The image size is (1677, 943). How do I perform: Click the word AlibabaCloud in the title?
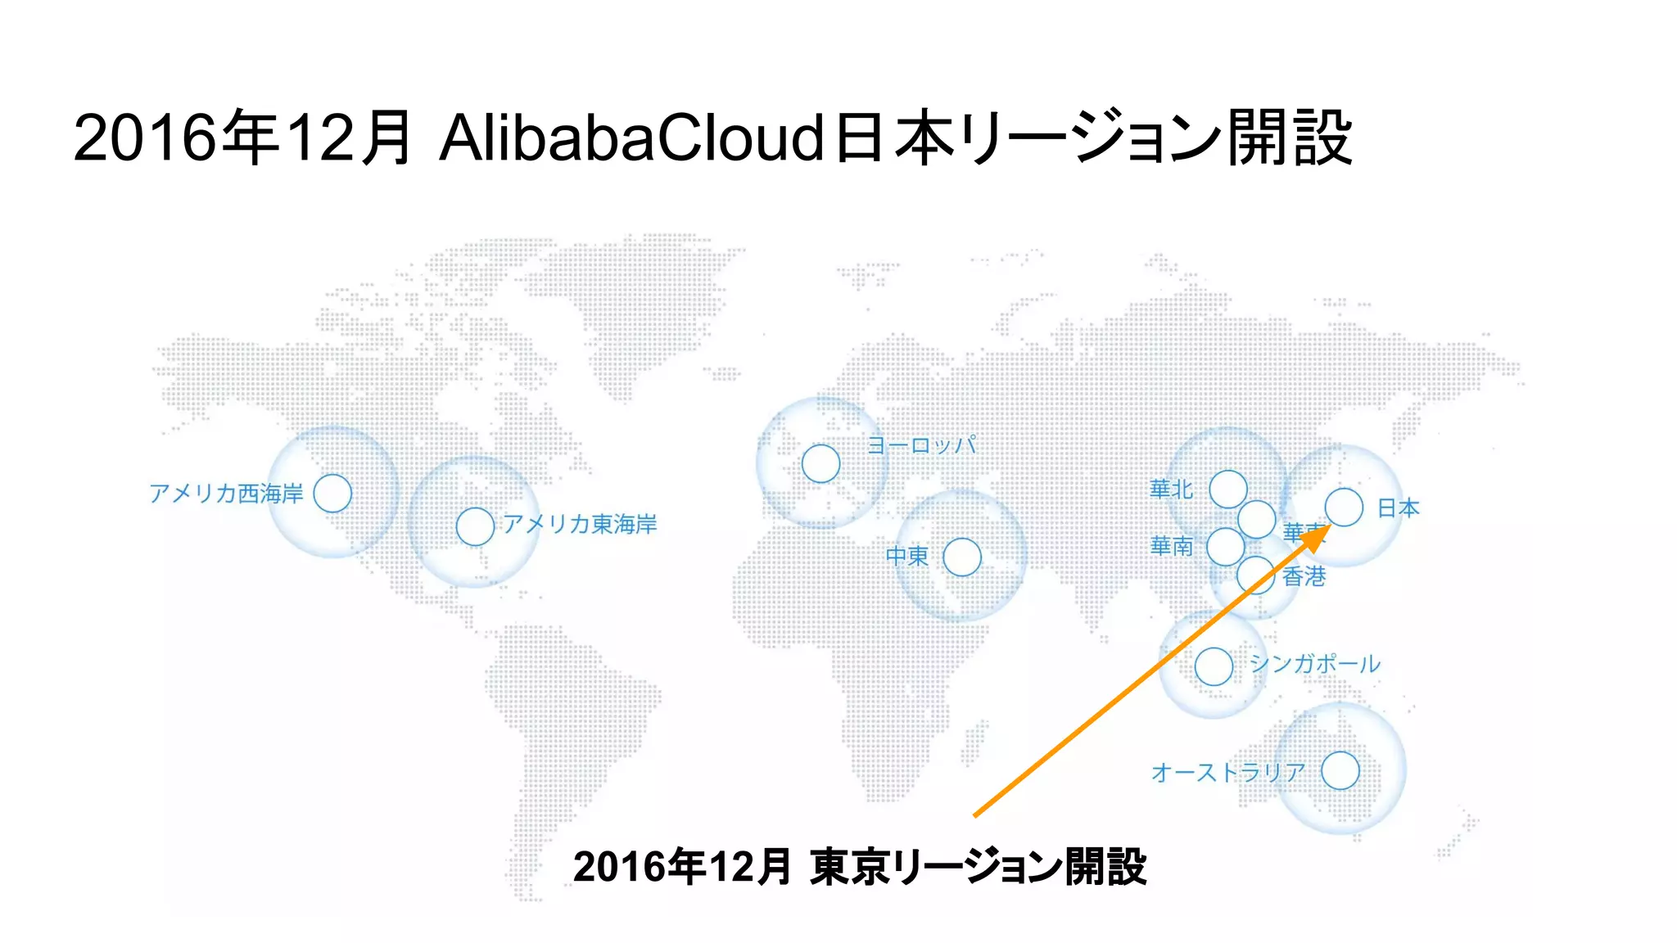tap(631, 138)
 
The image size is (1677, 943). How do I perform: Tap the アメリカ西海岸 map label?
tap(226, 494)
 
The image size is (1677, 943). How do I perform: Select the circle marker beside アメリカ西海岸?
tap(332, 493)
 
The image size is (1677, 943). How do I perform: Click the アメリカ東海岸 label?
tap(580, 524)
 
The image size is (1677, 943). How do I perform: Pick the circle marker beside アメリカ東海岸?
tap(475, 526)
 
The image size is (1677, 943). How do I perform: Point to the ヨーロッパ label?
tap(921, 446)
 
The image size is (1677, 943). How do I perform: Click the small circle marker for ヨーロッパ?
tap(820, 463)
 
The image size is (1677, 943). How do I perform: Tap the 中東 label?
tap(907, 557)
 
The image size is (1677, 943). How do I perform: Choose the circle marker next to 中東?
tap(962, 557)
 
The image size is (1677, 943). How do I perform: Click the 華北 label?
tap(1171, 490)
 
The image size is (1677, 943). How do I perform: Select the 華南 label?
tap(1171, 546)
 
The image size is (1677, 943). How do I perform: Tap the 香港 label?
tap(1304, 577)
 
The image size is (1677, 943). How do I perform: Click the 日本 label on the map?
tap(1399, 508)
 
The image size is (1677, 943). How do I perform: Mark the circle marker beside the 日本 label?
tap(1344, 507)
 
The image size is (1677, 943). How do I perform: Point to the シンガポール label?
tap(1315, 664)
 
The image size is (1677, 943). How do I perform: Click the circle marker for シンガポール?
tap(1214, 666)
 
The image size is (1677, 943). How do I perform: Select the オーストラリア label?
tap(1227, 772)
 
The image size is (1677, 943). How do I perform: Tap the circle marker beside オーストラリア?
tap(1340, 771)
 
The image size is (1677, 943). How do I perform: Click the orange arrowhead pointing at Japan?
tap(1316, 539)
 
